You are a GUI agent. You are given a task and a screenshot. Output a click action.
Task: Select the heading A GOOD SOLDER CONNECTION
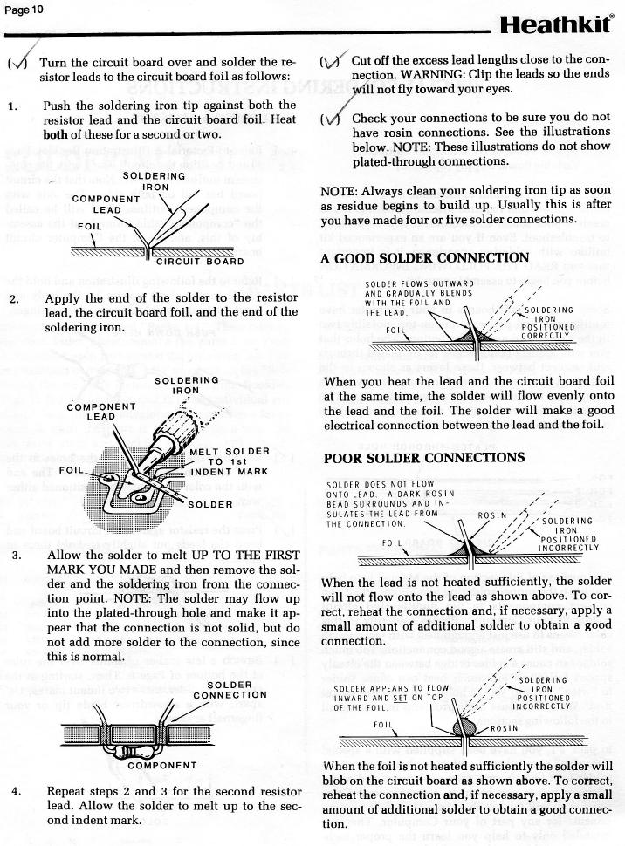click(424, 257)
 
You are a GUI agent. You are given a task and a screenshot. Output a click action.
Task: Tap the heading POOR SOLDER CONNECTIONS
click(424, 458)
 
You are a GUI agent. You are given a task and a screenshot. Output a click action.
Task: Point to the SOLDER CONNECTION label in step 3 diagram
click(230, 689)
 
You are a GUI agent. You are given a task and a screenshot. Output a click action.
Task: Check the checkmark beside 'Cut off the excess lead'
click(333, 61)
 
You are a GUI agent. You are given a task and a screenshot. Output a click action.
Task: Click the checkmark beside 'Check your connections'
click(333, 119)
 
